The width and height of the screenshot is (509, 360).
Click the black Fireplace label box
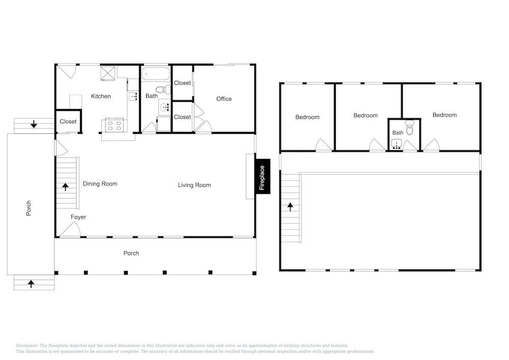[x=263, y=177]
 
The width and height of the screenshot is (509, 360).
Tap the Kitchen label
[x=101, y=96]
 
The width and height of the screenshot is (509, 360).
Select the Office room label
[x=224, y=99]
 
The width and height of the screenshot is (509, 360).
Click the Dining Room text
[x=100, y=184]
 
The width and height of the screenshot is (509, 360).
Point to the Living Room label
[x=194, y=185]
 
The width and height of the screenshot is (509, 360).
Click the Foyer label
[x=78, y=217]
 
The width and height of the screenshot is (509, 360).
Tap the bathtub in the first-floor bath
[x=156, y=74]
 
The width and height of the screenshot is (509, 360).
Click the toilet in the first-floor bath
[x=163, y=89]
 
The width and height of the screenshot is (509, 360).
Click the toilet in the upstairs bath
[x=410, y=128]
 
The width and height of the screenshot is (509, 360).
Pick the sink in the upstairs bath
[x=397, y=144]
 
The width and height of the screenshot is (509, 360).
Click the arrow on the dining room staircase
[x=66, y=187]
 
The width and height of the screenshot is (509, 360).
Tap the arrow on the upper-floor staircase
[x=290, y=206]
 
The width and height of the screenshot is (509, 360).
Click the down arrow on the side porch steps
[x=34, y=124]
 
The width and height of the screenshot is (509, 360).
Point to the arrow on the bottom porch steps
[x=31, y=284]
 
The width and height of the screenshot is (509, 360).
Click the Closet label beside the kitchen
[x=68, y=121]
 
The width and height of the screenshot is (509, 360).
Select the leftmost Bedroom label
[x=307, y=117]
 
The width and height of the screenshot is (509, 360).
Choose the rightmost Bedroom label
[x=445, y=115]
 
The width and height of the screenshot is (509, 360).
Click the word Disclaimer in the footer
[x=27, y=346]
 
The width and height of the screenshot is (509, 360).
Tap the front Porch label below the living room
[x=131, y=253]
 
